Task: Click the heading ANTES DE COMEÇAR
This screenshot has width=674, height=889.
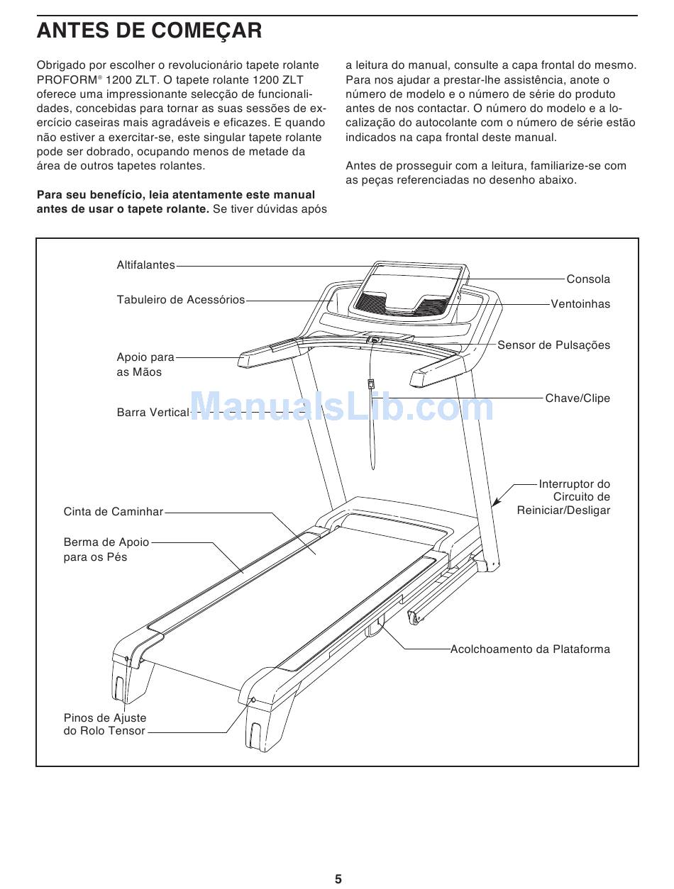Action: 150,31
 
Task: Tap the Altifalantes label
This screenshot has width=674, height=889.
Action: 145,265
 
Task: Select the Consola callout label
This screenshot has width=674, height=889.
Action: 588,279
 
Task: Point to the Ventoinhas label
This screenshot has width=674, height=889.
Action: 580,304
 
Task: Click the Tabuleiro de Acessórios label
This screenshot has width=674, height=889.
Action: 180,300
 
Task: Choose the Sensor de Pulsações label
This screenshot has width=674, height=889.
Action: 553,345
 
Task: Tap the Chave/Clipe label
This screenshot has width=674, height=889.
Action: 578,398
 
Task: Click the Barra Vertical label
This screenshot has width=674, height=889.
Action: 153,412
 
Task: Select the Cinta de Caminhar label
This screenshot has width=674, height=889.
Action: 114,512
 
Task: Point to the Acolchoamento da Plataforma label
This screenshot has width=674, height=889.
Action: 530,649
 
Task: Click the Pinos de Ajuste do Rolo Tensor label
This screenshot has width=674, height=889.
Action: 105,725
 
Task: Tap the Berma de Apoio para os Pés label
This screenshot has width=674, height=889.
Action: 106,549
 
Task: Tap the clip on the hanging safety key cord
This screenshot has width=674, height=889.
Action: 370,384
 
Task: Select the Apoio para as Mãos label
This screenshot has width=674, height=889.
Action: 145,364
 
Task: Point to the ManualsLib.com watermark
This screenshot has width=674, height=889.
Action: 342,407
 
